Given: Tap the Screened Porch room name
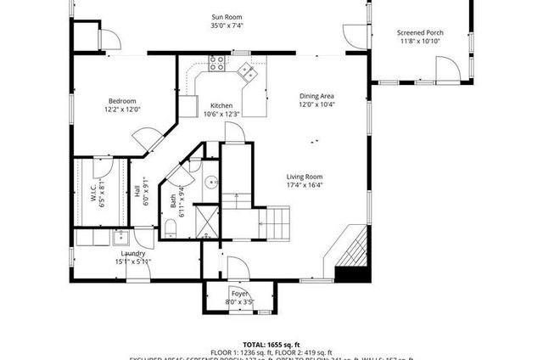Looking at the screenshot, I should tap(420, 33).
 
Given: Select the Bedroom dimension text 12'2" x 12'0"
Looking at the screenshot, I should tap(121, 109).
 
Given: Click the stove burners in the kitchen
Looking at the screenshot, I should tap(217, 61).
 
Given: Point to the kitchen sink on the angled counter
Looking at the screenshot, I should tap(249, 70).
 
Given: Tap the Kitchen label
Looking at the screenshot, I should tap(222, 104).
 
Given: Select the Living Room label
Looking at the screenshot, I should tap(304, 176).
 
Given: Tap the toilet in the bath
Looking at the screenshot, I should tap(170, 225).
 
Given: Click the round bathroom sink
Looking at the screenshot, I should tap(210, 181).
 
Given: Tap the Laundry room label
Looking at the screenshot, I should tap(132, 253).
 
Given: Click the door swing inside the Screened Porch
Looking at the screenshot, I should tap(445, 68).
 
